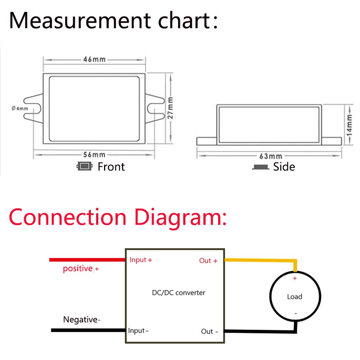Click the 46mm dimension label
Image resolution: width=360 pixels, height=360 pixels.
coord(94,59)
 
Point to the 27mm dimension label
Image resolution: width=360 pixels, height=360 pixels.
coord(170,108)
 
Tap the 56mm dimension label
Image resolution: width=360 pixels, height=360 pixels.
coord(94,154)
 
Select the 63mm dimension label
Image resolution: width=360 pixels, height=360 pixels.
coord(271,156)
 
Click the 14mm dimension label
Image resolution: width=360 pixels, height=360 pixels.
coord(349,126)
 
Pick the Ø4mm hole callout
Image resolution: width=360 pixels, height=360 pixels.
coord(20,108)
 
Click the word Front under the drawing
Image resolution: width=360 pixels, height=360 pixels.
coord(111,167)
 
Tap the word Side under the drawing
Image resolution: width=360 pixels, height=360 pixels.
coord(284,167)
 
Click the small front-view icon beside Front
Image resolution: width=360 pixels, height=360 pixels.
coord(85,166)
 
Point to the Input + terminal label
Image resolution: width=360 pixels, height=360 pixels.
coord(141,260)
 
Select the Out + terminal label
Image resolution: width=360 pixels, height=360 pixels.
coord(208,261)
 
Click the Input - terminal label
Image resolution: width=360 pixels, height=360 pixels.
coord(138,330)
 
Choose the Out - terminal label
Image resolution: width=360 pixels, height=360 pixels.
coord(210,331)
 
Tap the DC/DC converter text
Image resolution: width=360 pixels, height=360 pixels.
coord(179,293)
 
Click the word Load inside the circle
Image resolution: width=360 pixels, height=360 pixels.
coord(294,297)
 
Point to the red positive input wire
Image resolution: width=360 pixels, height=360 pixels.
coord(87,260)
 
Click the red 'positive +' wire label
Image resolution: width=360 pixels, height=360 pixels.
coord(81,269)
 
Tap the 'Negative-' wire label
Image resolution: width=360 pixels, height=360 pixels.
coord(82,320)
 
